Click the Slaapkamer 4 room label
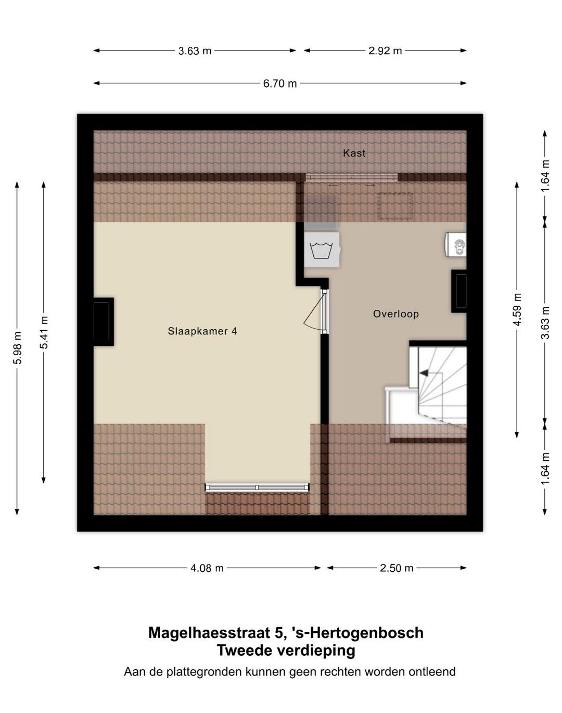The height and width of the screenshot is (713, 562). point(202,331)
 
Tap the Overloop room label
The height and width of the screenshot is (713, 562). point(395,314)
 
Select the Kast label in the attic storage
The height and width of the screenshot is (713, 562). point(354,153)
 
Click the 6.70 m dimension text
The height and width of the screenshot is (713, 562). point(280,83)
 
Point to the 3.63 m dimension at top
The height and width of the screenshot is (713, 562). point(195,51)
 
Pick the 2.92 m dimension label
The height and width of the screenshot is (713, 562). point(385,51)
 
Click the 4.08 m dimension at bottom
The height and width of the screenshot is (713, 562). point(207,568)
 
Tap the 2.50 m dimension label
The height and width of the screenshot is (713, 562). point(397,568)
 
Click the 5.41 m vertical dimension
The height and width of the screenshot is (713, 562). point(44,333)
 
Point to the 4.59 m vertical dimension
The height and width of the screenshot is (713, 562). point(517,309)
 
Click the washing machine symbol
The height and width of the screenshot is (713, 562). point(322,250)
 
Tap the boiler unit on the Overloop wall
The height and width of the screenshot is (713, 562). point(456,244)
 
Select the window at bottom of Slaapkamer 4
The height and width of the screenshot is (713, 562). point(257,487)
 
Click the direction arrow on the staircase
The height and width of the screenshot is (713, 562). point(424,373)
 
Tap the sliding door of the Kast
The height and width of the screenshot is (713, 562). point(352,178)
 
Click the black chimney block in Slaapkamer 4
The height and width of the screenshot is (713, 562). point(103,321)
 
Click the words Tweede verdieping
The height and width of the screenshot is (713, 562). point(286,651)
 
